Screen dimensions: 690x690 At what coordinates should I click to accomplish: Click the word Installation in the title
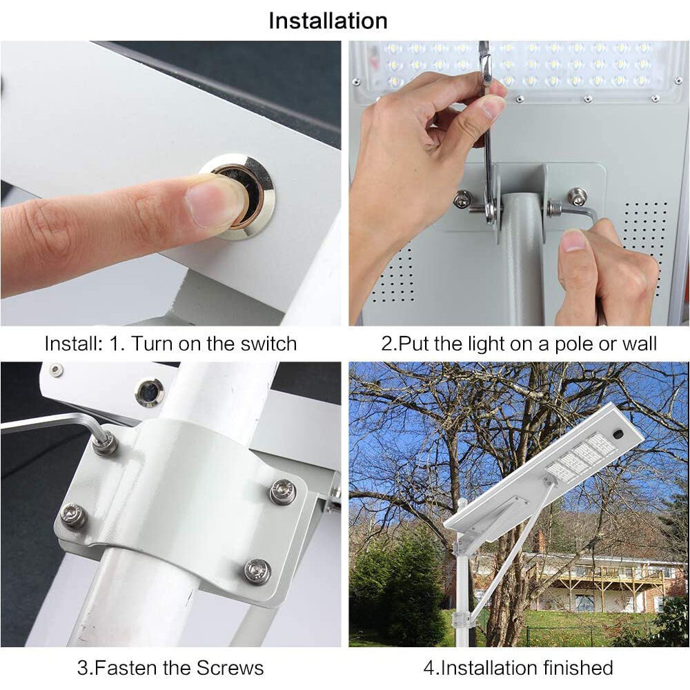[328, 21]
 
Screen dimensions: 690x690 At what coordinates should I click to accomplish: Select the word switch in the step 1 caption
[266, 343]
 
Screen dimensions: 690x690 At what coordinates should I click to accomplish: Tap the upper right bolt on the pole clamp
[282, 491]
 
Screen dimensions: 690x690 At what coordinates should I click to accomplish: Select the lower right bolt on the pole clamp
[257, 571]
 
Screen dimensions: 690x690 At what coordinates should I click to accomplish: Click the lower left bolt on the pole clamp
[73, 515]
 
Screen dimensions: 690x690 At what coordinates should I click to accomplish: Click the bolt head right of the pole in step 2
[576, 197]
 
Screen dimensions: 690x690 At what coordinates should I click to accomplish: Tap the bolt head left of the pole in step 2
[463, 199]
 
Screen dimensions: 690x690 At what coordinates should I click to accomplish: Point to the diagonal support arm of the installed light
[511, 552]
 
